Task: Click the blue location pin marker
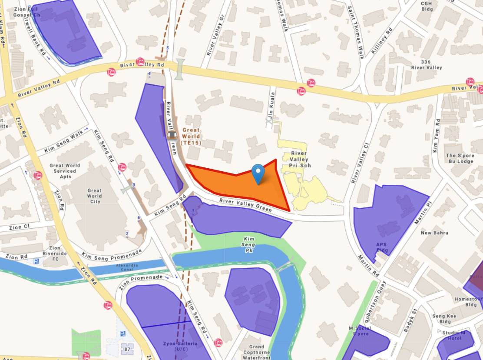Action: (258, 173)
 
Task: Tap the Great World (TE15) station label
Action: (191, 136)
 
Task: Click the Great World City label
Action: (95, 196)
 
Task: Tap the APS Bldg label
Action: (382, 247)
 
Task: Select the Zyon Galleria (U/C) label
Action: (180, 346)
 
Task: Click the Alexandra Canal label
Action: (127, 266)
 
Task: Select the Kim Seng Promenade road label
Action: (112, 255)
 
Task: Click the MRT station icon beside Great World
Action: (172, 135)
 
